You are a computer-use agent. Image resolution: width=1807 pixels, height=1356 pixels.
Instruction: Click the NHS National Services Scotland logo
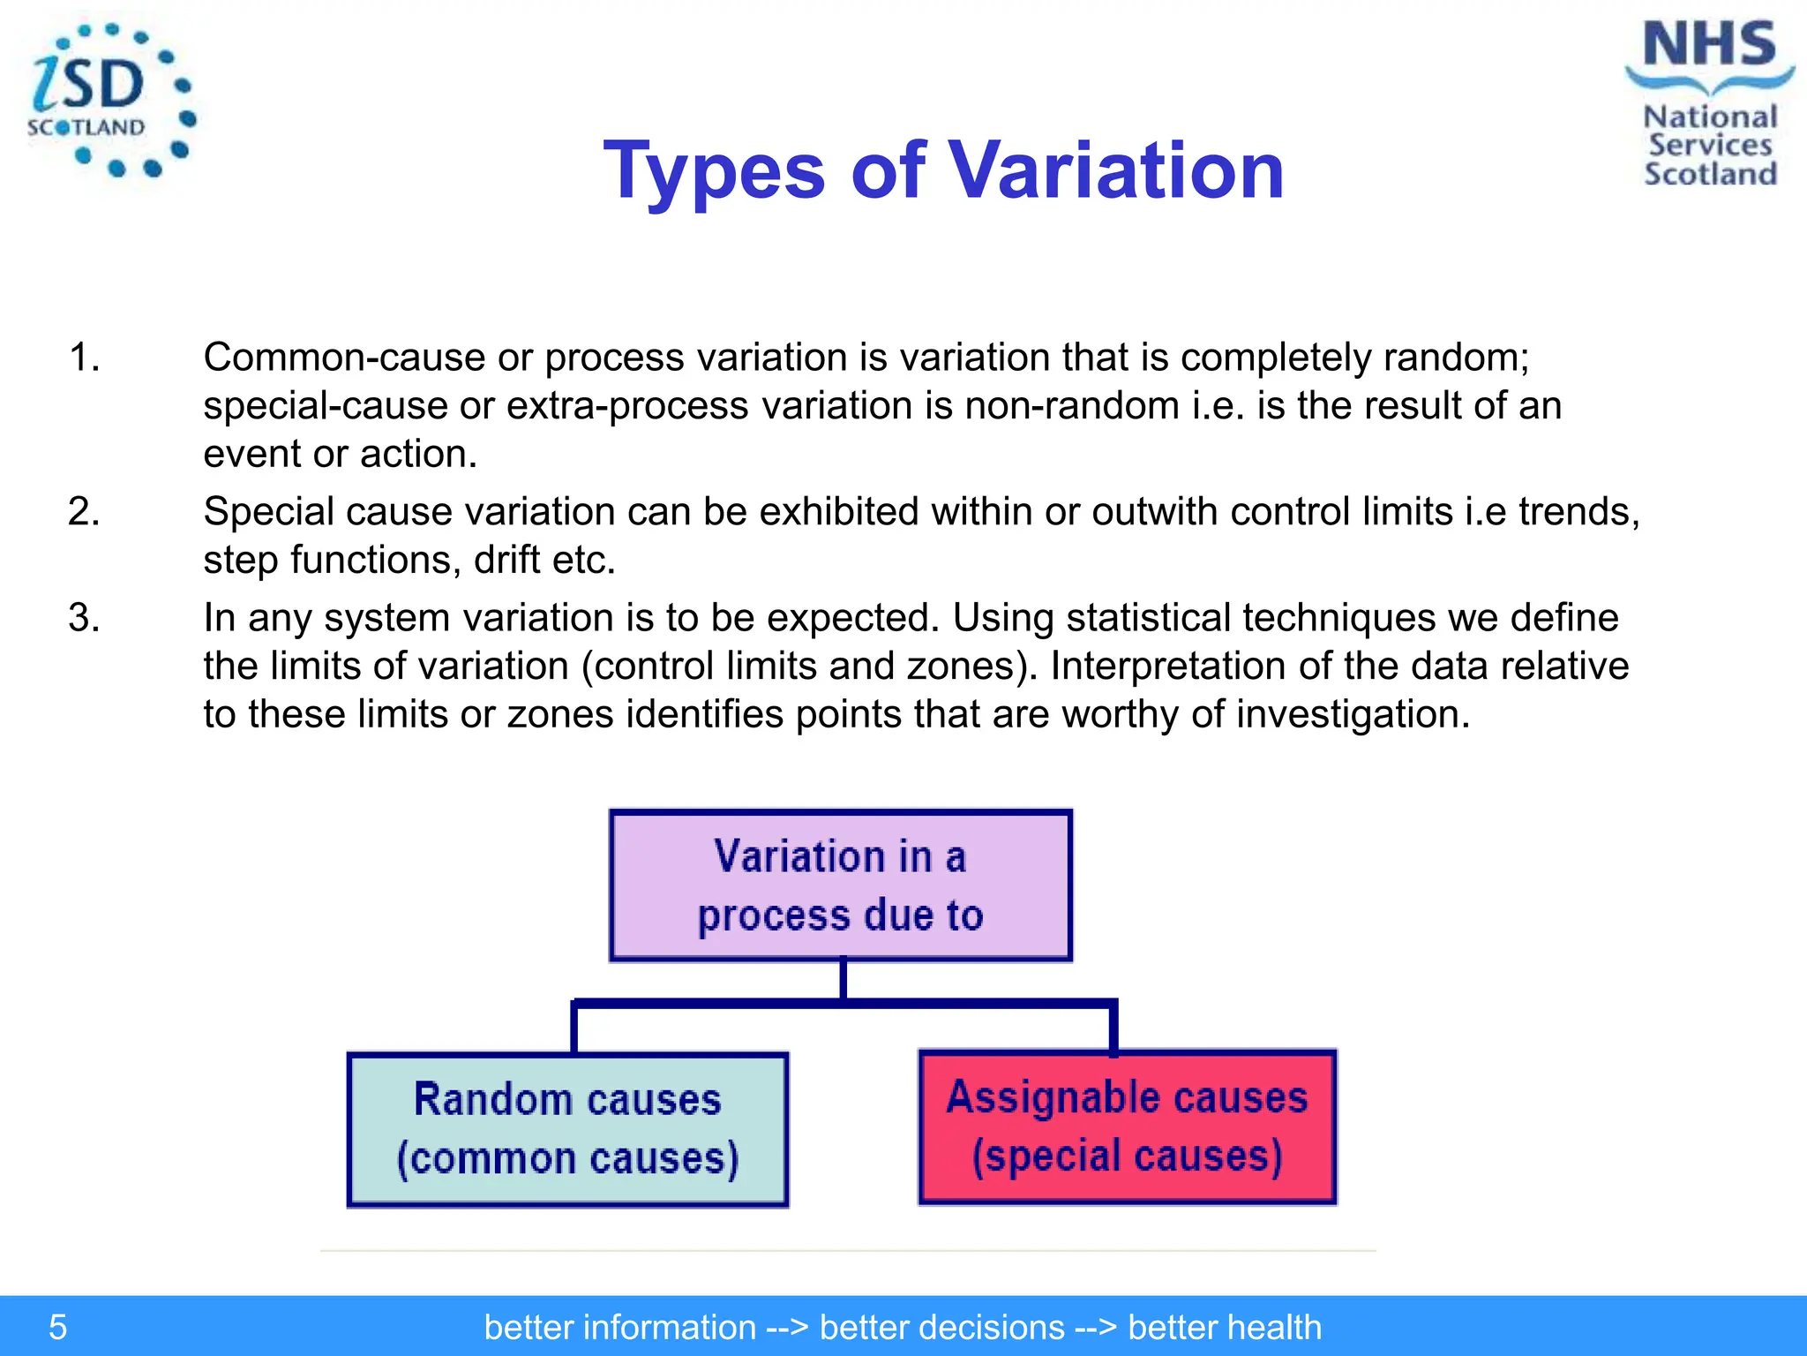tap(1709, 104)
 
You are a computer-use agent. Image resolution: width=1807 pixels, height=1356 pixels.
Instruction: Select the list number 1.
tap(84, 358)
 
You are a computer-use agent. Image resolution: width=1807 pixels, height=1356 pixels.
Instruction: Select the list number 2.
tap(84, 512)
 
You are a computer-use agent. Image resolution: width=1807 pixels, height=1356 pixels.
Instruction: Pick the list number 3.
tap(84, 618)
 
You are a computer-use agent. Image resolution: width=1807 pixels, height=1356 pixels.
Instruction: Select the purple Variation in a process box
tap(840, 885)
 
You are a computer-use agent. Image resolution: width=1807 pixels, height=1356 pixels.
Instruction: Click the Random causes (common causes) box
tap(567, 1129)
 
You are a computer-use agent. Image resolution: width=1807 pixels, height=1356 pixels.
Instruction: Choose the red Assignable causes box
tap(1127, 1126)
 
